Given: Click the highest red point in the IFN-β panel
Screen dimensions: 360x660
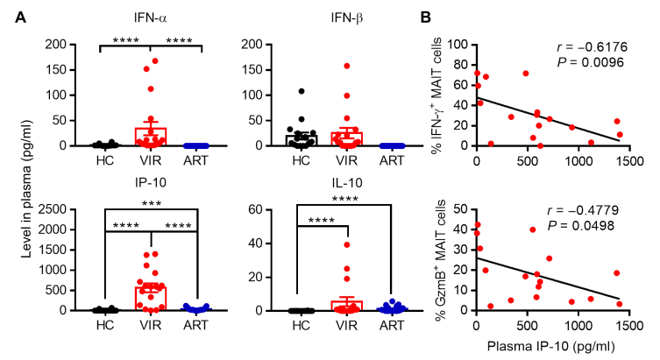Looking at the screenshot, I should pyautogui.click(x=347, y=66).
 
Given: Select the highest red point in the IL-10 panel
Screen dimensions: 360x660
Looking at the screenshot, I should pyautogui.click(x=347, y=244).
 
